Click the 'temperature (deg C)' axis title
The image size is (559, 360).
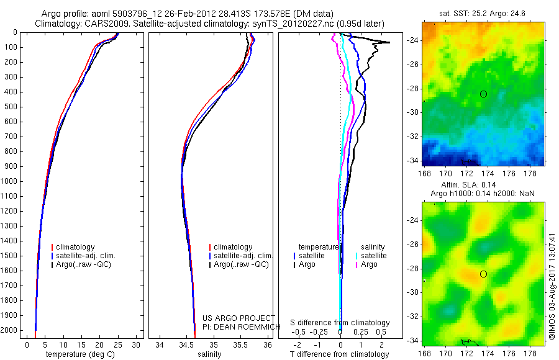point(81,354)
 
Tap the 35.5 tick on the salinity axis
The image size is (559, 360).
point(240,344)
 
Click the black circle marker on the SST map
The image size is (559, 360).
point(483,94)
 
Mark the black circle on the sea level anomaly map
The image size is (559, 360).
point(483,274)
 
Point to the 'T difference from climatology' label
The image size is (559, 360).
point(340,354)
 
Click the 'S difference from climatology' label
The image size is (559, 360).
point(340,323)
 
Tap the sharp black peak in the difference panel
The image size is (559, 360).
point(388,42)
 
